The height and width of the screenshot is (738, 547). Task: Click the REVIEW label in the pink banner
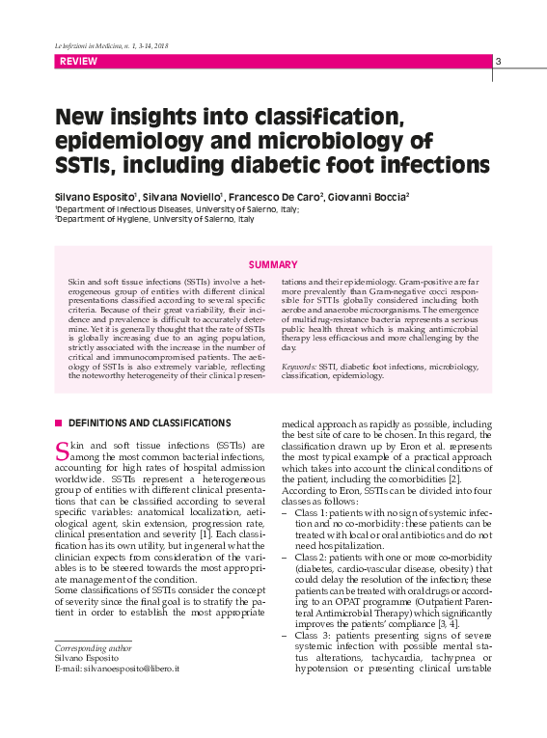(x=77, y=62)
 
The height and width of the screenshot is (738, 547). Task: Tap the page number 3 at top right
(x=499, y=62)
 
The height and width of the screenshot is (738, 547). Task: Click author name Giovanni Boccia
(x=371, y=196)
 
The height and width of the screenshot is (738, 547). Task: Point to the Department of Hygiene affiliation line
(x=154, y=219)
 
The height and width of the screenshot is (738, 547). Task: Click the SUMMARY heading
(x=273, y=264)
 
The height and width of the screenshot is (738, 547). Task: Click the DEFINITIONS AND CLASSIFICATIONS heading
(x=150, y=423)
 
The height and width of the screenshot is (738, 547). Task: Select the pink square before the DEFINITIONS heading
(x=59, y=423)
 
